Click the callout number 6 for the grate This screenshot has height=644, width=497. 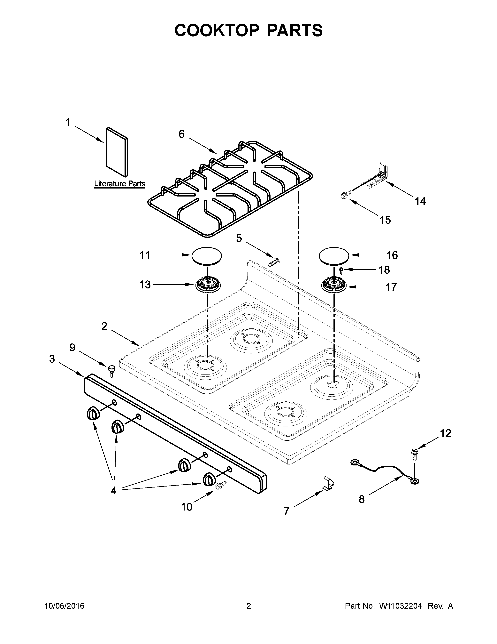[x=182, y=134]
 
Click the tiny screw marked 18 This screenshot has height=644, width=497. [x=341, y=270]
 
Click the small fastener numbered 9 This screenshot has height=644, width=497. [x=112, y=370]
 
